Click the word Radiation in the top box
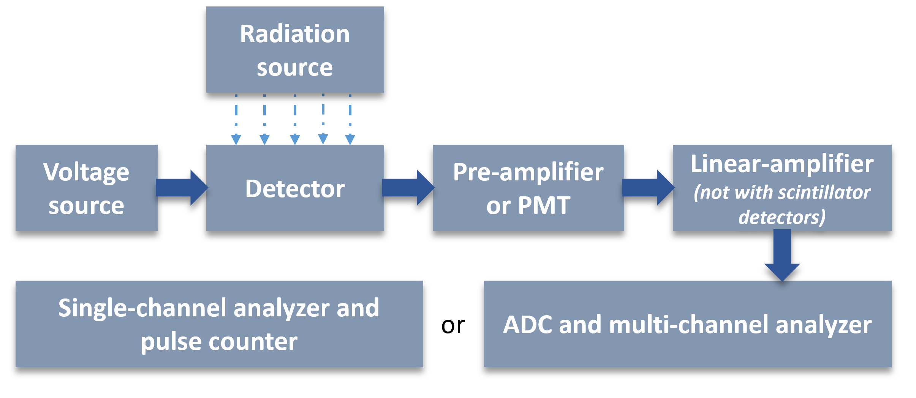click(x=294, y=34)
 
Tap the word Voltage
click(x=86, y=172)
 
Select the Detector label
click(x=295, y=189)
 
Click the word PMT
click(x=544, y=205)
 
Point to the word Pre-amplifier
click(x=528, y=172)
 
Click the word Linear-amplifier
click(x=782, y=164)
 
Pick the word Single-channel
click(x=142, y=308)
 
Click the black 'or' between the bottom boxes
click(x=453, y=325)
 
